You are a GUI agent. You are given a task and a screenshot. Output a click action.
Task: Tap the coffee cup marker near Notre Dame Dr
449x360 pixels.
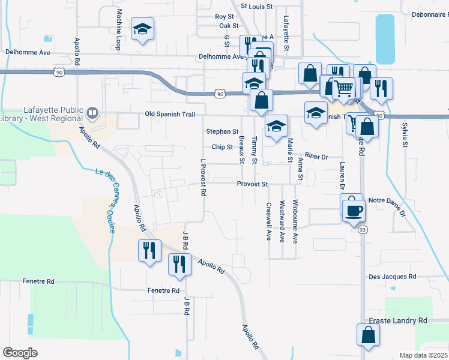[x=353, y=210]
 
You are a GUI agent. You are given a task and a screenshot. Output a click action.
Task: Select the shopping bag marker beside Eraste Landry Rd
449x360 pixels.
[x=368, y=336]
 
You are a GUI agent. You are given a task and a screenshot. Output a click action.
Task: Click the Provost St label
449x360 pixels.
[x=252, y=184]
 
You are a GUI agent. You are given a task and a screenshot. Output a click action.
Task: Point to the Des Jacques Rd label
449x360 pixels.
[x=392, y=277]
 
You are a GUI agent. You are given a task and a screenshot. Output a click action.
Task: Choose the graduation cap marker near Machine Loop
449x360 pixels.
[x=143, y=29]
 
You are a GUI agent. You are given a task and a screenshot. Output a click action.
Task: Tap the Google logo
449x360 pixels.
[x=20, y=353]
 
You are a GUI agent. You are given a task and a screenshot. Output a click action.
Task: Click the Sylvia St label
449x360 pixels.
[x=405, y=135]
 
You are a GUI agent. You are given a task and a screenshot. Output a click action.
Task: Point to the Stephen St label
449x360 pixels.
[x=222, y=131]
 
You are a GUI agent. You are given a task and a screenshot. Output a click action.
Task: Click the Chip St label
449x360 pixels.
[x=222, y=147]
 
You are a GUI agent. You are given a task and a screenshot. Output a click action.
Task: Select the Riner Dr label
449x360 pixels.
[x=316, y=157]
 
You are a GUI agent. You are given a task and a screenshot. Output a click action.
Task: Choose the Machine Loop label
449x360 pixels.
[x=119, y=33]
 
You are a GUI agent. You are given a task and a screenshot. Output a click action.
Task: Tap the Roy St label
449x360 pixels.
[x=224, y=17]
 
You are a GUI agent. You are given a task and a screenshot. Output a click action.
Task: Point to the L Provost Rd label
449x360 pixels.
[x=203, y=178]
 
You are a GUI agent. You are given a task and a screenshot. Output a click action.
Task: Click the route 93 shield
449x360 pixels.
[x=363, y=230]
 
